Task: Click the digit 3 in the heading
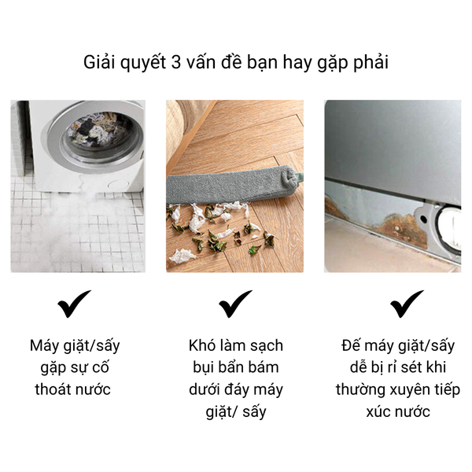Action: [175, 63]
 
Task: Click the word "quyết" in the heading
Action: [143, 63]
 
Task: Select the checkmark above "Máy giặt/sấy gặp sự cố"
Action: [74, 304]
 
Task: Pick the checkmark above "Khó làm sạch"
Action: [235, 304]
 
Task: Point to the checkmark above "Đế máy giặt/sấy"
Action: [407, 304]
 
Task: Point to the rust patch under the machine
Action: [401, 229]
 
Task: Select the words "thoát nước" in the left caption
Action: [73, 389]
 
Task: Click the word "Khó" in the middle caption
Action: [201, 345]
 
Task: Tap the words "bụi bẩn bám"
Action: [236, 368]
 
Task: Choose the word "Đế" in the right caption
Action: [349, 345]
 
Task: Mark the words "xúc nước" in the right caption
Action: [398, 411]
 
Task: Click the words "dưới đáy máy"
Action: [236, 390]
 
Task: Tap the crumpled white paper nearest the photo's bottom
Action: [183, 256]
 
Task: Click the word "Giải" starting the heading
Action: [99, 62]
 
